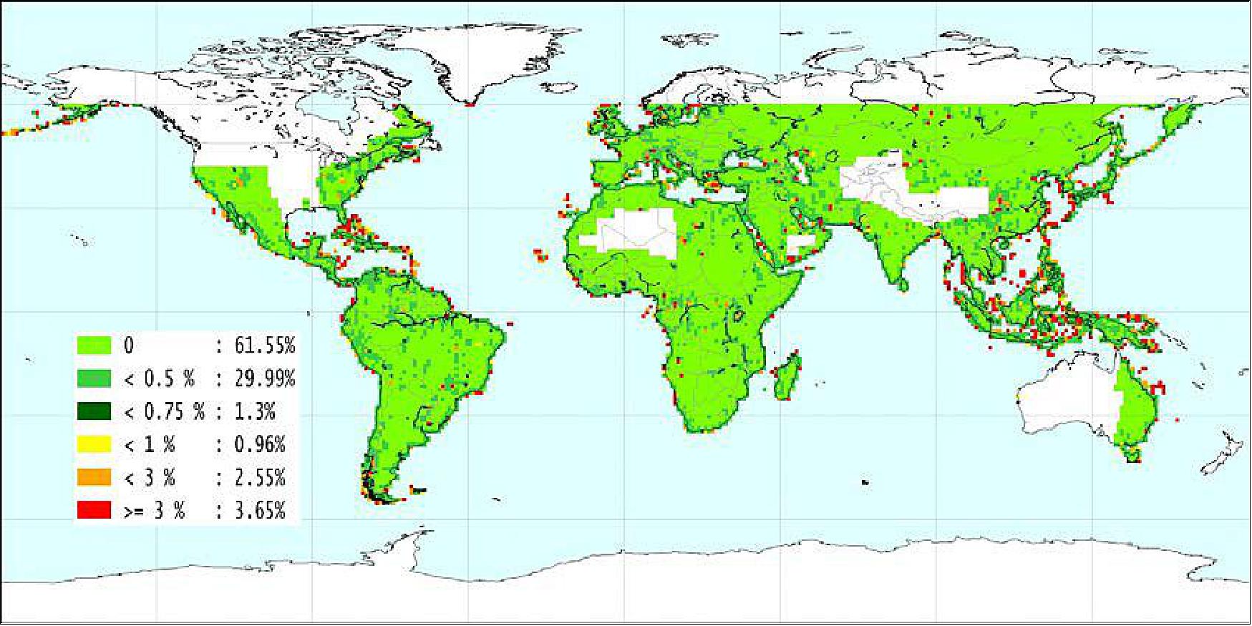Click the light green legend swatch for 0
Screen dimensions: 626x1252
pos(94,346)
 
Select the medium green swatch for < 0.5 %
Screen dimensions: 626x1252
pos(94,378)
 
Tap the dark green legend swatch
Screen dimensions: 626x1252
pos(94,411)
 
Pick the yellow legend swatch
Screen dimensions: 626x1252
pos(94,444)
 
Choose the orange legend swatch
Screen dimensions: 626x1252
pos(94,477)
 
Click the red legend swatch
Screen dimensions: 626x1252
pos(94,510)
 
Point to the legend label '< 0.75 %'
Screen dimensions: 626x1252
pos(164,411)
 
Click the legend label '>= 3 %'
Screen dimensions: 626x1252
pos(154,510)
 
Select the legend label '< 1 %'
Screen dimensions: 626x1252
pos(149,444)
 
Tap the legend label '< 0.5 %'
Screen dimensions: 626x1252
pos(159,378)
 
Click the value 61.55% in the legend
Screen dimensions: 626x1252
pos(265,346)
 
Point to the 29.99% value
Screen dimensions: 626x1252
pos(265,378)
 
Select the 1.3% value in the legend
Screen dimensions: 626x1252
pos(255,411)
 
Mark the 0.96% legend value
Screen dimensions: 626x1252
pos(260,444)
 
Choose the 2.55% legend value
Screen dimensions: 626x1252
pos(260,477)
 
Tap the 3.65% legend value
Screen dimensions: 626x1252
pos(260,510)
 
